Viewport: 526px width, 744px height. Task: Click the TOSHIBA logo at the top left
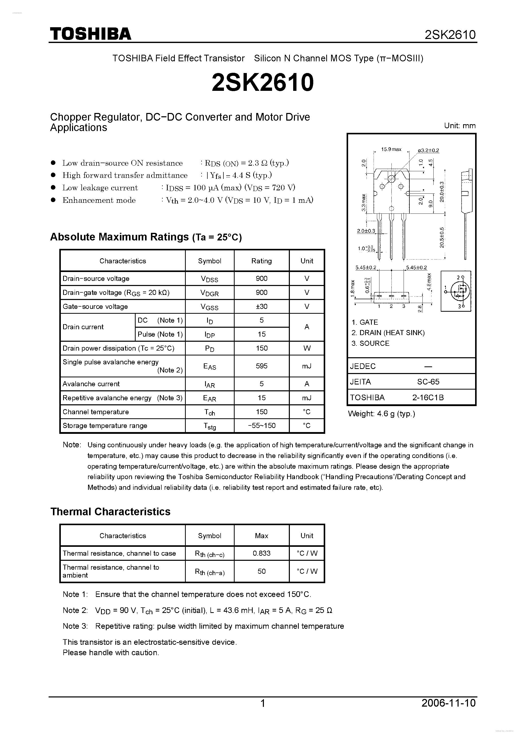[x=90, y=34]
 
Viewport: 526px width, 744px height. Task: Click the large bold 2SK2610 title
[x=263, y=82]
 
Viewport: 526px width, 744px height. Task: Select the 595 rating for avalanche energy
[x=262, y=366]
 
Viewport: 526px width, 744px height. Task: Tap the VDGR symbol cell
[x=209, y=293]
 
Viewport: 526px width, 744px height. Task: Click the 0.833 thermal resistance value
[x=262, y=553]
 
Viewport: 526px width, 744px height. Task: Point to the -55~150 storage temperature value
[x=262, y=425]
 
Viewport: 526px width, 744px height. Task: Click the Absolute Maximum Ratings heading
[x=146, y=237]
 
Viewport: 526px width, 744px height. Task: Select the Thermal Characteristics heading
[x=110, y=512]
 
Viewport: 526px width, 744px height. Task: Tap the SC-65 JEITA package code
[x=428, y=382]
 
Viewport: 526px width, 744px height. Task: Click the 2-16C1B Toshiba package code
[x=428, y=398]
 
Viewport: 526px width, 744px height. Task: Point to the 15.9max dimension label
[x=391, y=149]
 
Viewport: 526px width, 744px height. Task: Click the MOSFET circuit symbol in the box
[x=456, y=291]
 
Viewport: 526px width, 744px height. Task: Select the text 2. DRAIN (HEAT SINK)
[x=388, y=333]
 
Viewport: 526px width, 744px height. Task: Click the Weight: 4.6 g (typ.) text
[x=381, y=414]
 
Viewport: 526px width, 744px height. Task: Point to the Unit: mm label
[x=460, y=126]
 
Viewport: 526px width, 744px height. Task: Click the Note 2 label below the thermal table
[x=75, y=610]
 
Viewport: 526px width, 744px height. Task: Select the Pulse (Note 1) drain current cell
[x=160, y=334]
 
